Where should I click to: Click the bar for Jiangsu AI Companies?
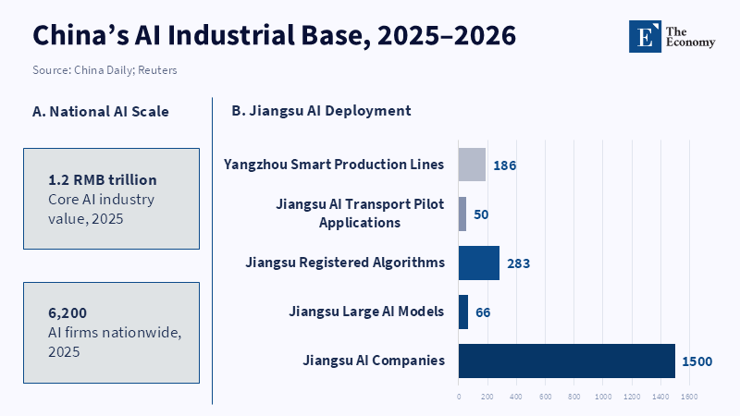(x=567, y=361)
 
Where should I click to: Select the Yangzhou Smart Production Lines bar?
(x=472, y=165)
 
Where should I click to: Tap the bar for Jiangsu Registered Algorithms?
(x=479, y=263)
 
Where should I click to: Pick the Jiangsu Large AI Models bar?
(x=463, y=312)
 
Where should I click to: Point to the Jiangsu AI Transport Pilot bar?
(x=462, y=214)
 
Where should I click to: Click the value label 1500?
(x=697, y=361)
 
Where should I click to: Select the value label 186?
(x=505, y=165)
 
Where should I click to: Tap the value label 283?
(x=519, y=263)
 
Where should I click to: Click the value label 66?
(x=483, y=312)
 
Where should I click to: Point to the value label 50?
(x=481, y=214)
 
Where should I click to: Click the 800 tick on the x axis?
(x=573, y=397)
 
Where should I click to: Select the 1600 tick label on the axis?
(x=689, y=397)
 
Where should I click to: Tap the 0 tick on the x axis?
(x=459, y=397)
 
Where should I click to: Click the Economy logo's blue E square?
(x=645, y=36)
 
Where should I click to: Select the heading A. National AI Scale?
(x=101, y=111)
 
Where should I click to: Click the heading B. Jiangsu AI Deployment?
(x=321, y=110)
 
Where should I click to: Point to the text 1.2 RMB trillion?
(x=103, y=179)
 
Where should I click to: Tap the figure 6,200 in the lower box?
(x=68, y=312)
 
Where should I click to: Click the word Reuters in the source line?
(x=157, y=70)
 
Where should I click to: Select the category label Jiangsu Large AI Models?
(x=366, y=312)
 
